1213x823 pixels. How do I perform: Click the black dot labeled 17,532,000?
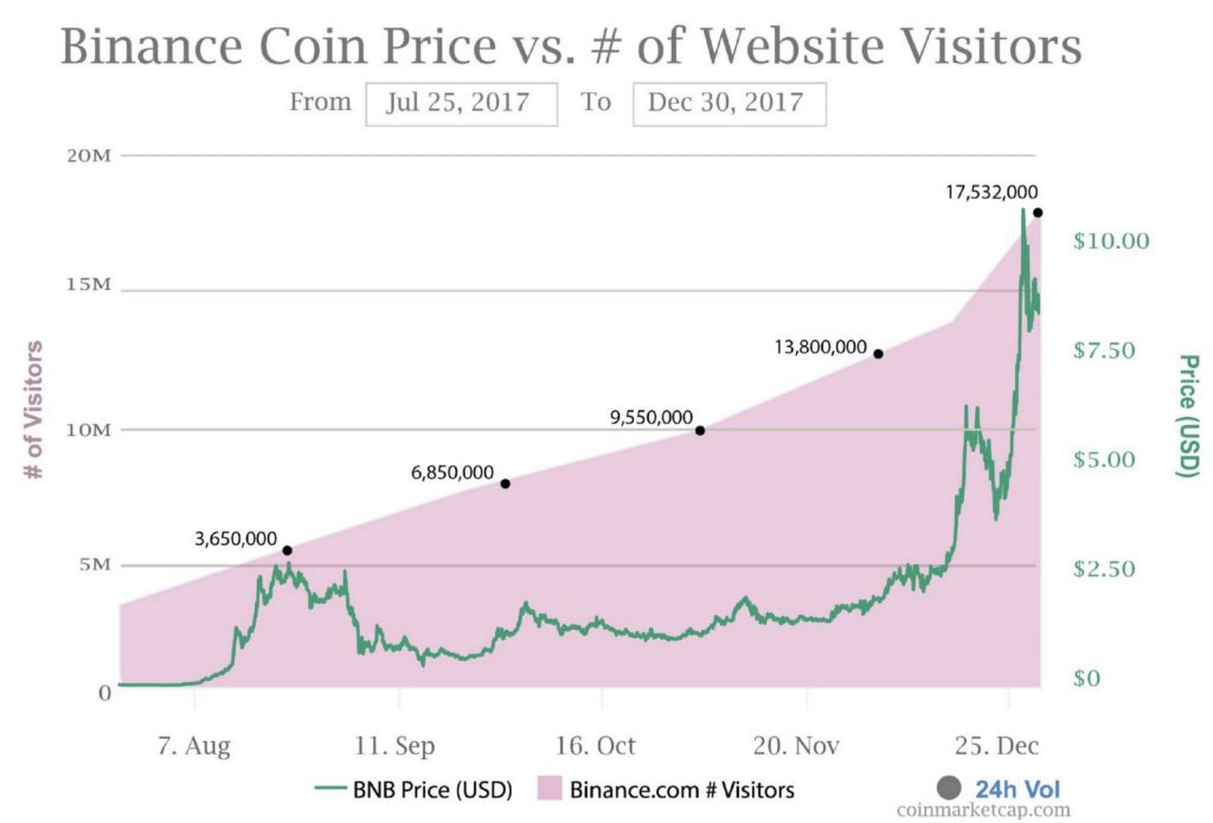(1038, 213)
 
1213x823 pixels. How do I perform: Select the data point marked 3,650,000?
(287, 551)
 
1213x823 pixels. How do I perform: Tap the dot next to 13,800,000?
(878, 354)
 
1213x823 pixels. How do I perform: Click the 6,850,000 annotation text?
(452, 472)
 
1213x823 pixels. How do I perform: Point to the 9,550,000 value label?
(651, 417)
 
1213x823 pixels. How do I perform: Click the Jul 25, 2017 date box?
(461, 104)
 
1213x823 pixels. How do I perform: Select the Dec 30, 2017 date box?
(729, 104)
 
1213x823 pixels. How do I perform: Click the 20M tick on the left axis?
(89, 156)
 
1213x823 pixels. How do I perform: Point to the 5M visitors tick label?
(95, 564)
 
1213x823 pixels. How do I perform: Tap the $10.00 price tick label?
(1111, 241)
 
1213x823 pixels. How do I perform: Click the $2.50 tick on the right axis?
(1103, 569)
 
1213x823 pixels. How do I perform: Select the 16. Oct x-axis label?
(595, 745)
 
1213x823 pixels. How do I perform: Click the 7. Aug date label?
(194, 745)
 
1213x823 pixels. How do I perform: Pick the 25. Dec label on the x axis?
(996, 745)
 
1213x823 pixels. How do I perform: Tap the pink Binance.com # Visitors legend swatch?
(549, 789)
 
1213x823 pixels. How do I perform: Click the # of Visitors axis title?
(34, 410)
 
